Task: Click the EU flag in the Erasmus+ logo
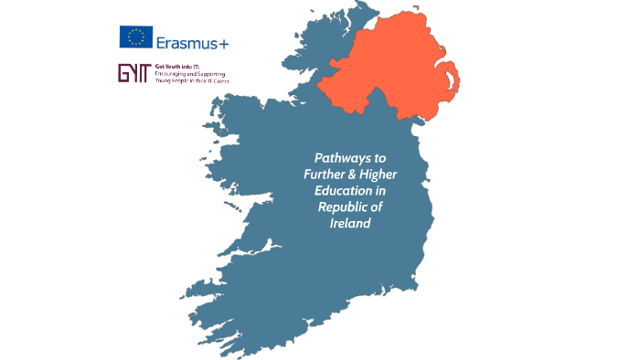point(136,37)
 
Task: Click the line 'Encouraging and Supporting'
point(192,74)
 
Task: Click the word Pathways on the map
point(337,158)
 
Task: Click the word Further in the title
point(322,175)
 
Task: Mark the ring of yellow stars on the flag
point(136,37)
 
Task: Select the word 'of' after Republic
point(376,207)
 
